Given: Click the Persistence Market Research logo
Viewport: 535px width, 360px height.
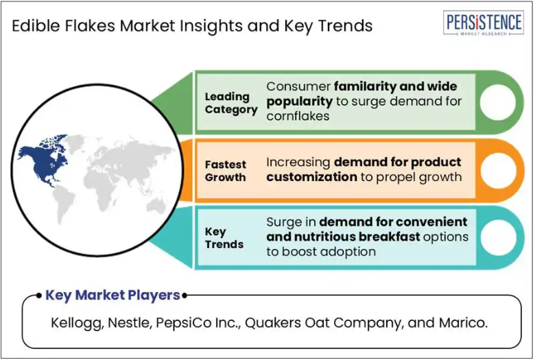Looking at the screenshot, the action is [x=484, y=23].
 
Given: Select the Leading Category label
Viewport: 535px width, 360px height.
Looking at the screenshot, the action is [x=231, y=103].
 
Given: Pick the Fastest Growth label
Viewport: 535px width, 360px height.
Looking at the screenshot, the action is [x=225, y=171].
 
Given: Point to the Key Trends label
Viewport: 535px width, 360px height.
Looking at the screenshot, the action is [x=224, y=238].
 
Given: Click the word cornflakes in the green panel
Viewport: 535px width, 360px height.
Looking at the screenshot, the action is [x=298, y=116].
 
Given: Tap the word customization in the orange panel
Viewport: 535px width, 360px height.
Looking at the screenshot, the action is [x=312, y=177].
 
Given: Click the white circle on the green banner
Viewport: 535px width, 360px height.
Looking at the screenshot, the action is [x=498, y=102].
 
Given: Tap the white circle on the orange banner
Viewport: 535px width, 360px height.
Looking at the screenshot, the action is [x=499, y=171].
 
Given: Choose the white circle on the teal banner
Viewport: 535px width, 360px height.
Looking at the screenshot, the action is [x=499, y=238].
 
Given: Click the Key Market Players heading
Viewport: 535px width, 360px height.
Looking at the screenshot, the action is [x=112, y=295].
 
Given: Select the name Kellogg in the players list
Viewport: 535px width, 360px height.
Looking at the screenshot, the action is [x=77, y=323].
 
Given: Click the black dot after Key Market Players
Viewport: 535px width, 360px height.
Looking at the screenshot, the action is [x=185, y=296].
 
